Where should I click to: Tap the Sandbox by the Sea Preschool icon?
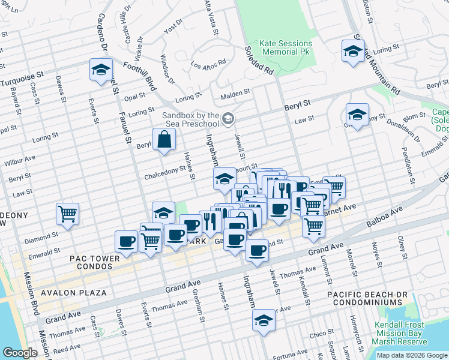point(228,119)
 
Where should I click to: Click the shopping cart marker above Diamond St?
point(68,214)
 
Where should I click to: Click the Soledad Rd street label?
point(259,61)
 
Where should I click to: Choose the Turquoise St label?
point(23,77)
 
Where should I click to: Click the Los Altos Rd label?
point(208,62)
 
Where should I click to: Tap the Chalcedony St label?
point(165,173)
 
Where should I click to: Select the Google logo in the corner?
point(20,353)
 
